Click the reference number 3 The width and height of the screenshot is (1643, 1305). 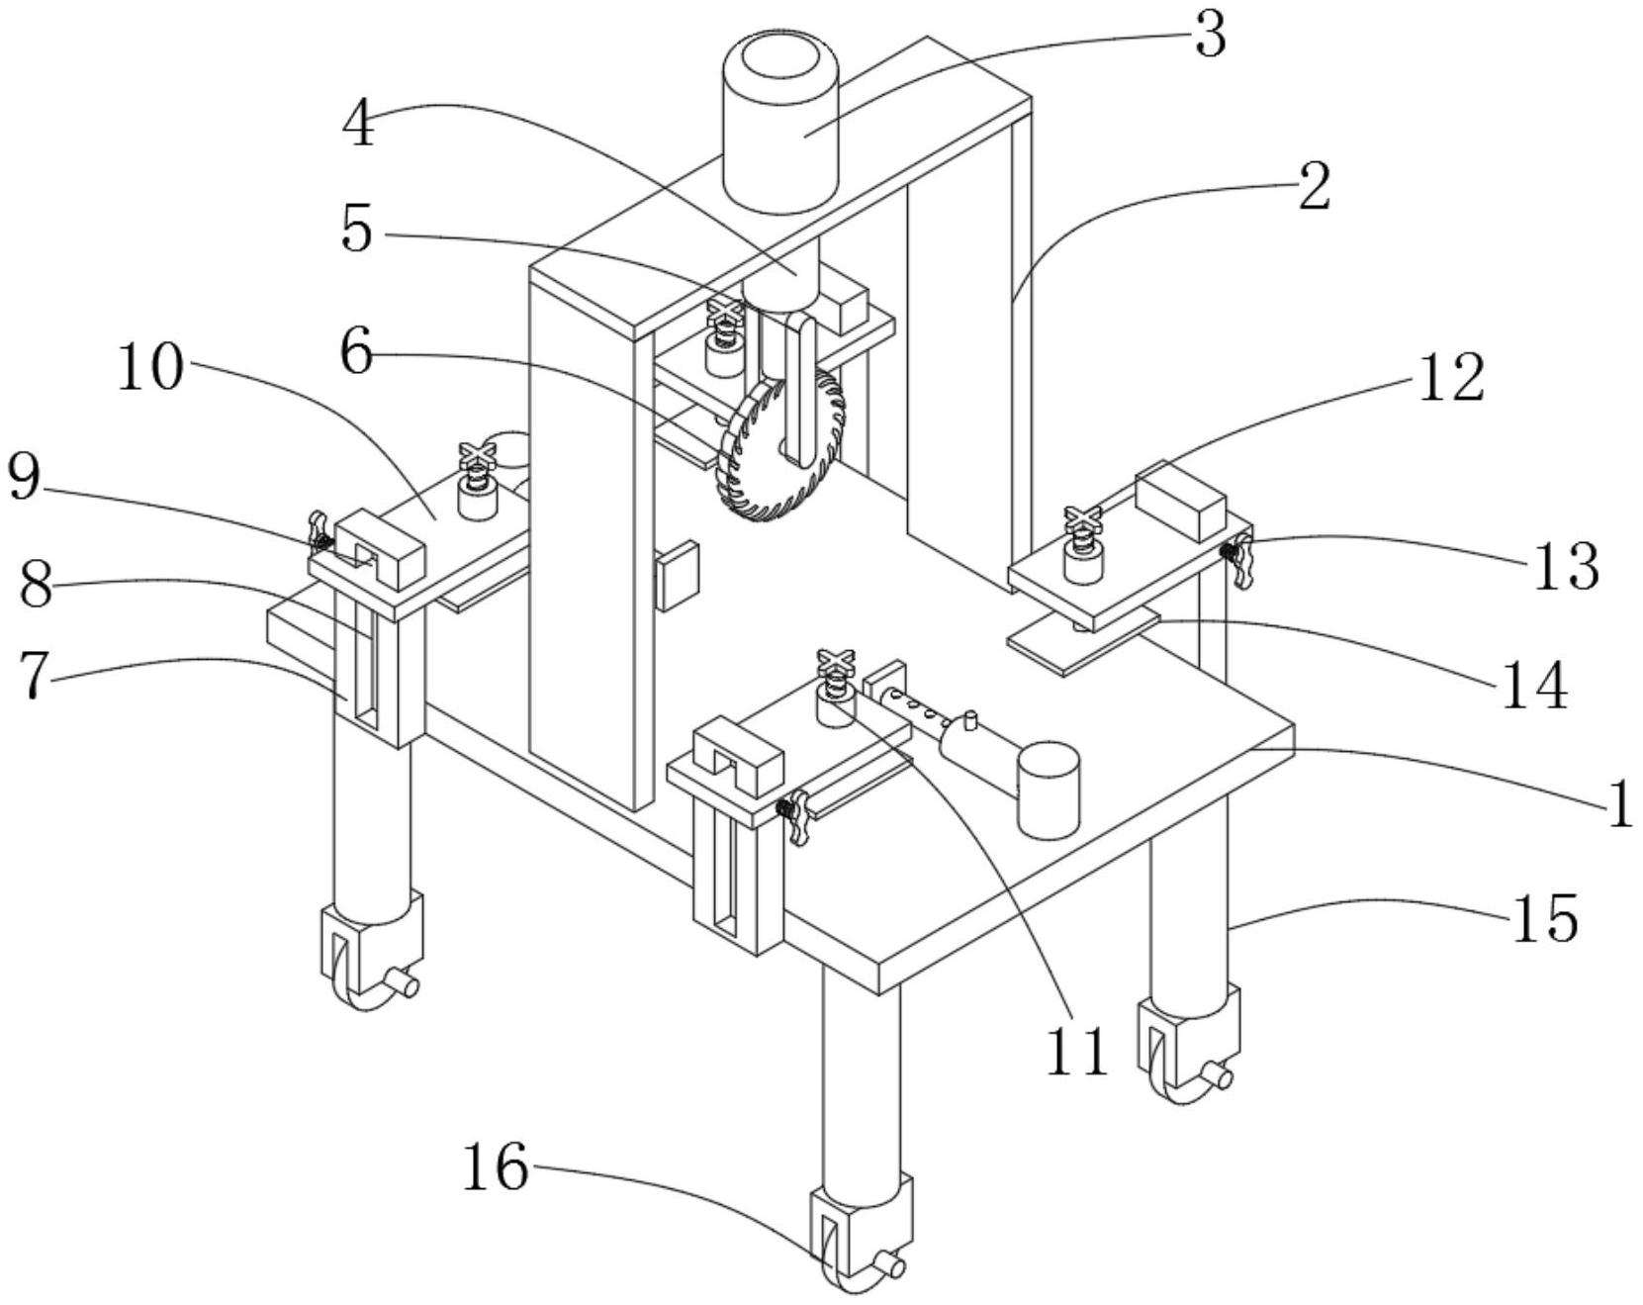pyautogui.click(x=1209, y=36)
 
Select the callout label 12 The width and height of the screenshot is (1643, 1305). pyautogui.click(x=1451, y=377)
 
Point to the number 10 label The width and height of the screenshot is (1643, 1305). pyautogui.click(x=150, y=368)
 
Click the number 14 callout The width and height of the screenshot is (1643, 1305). pyautogui.click(x=1535, y=685)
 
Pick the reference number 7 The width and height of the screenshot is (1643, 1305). pyautogui.click(x=35, y=678)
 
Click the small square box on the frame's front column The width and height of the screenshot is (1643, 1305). pyautogui.click(x=678, y=574)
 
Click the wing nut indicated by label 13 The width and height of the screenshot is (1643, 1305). pyautogui.click(x=1237, y=558)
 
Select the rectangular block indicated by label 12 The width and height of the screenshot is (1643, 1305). pyautogui.click(x=1181, y=502)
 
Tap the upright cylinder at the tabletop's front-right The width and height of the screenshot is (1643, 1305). pyautogui.click(x=1049, y=791)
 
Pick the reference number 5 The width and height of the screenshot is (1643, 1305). pyautogui.click(x=356, y=230)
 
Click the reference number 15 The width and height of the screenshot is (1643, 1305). pyautogui.click(x=1543, y=917)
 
